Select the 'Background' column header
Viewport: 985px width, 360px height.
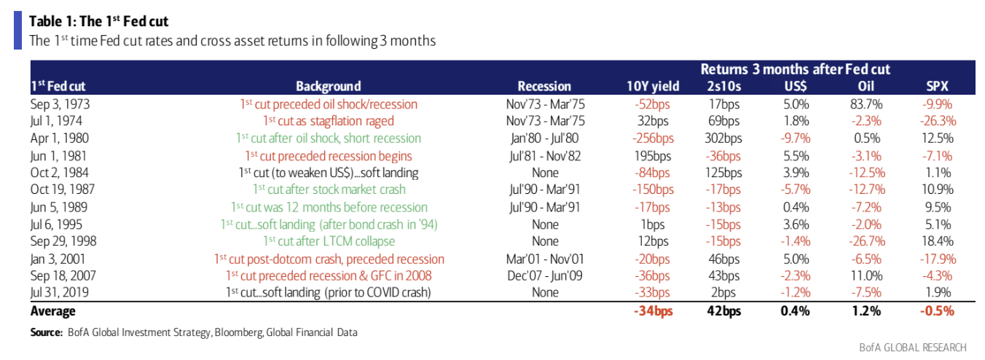pyautogui.click(x=328, y=86)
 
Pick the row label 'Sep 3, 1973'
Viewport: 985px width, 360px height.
pyautogui.click(x=60, y=103)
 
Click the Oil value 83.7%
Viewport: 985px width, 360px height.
pyautogui.click(x=866, y=103)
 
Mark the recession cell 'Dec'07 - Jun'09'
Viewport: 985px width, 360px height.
pyautogui.click(x=544, y=275)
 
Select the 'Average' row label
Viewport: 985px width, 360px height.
pyautogui.click(x=52, y=311)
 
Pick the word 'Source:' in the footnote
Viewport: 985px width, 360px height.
pyautogui.click(x=46, y=332)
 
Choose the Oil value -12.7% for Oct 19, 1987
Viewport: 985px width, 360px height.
pyautogui.click(x=866, y=189)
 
